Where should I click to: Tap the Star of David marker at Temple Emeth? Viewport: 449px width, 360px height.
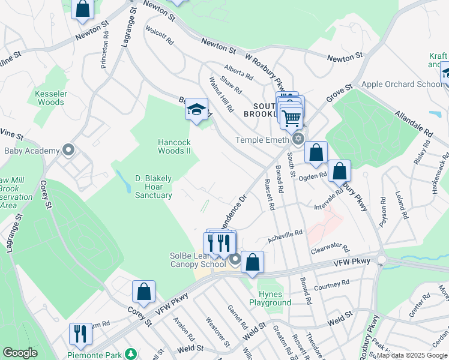(x=298, y=140)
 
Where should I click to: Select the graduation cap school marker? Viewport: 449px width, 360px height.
(x=196, y=110)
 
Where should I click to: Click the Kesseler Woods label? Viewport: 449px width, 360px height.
(x=49, y=98)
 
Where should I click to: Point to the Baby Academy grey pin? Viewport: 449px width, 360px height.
(x=68, y=150)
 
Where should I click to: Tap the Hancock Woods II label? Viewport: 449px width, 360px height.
(x=174, y=146)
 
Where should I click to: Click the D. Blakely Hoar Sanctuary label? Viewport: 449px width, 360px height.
(x=154, y=187)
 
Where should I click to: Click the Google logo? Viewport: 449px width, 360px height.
(x=20, y=353)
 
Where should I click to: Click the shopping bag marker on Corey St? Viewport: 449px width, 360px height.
(x=143, y=292)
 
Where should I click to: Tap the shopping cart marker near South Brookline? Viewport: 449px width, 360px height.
(x=291, y=118)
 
